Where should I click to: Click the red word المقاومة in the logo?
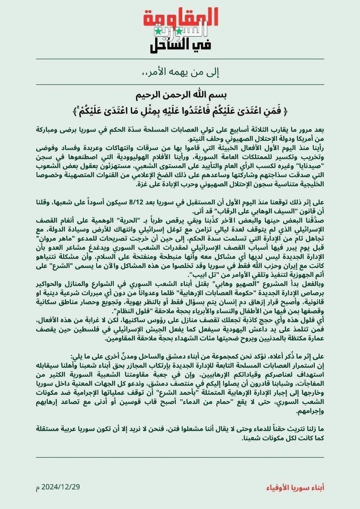point(180,18)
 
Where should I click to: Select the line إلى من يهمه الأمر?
point(181,73)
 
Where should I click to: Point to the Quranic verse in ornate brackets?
point(180,112)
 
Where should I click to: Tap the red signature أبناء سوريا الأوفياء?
point(297,486)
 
